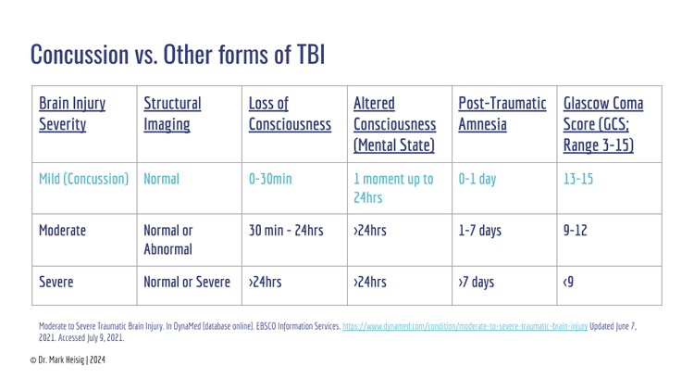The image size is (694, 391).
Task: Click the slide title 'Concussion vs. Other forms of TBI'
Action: click(x=177, y=55)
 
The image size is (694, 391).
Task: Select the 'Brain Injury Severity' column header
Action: click(x=71, y=113)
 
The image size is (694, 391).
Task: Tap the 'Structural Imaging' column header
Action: click(x=173, y=113)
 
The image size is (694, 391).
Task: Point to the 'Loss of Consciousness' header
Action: click(x=290, y=113)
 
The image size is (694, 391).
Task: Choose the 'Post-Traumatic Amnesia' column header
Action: click(x=502, y=113)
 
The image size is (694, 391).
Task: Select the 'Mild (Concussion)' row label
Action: click(x=83, y=177)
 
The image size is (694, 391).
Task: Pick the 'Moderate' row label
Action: click(x=62, y=229)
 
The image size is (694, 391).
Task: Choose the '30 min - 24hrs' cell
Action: click(x=286, y=229)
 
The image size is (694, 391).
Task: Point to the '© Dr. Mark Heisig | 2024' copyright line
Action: click(x=68, y=359)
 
